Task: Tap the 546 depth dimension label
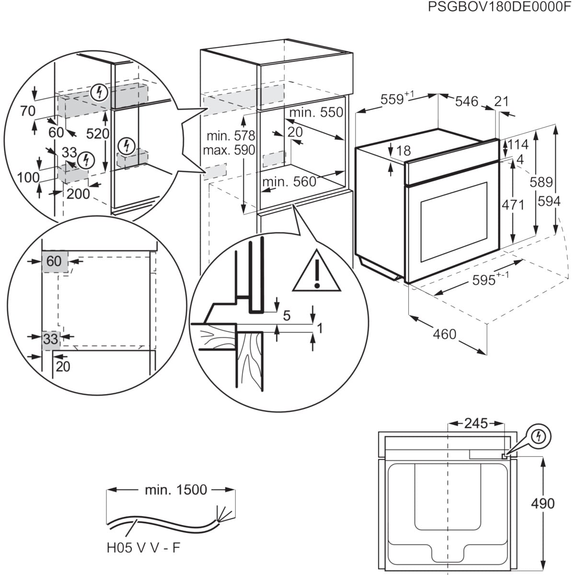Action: [466, 101]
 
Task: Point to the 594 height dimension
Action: [549, 201]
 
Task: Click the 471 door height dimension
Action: [513, 205]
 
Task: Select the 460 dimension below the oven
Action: [444, 333]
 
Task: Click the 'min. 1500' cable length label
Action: [176, 490]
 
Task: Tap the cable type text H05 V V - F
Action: [144, 548]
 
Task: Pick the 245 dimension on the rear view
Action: [475, 423]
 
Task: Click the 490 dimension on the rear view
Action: [543, 503]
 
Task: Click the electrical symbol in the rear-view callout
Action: [540, 436]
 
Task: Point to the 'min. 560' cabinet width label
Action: [289, 182]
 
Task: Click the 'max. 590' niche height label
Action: [229, 150]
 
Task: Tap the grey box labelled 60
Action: [54, 261]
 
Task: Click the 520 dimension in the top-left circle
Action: [98, 134]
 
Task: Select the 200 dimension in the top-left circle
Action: [78, 194]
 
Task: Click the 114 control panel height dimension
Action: [517, 144]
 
